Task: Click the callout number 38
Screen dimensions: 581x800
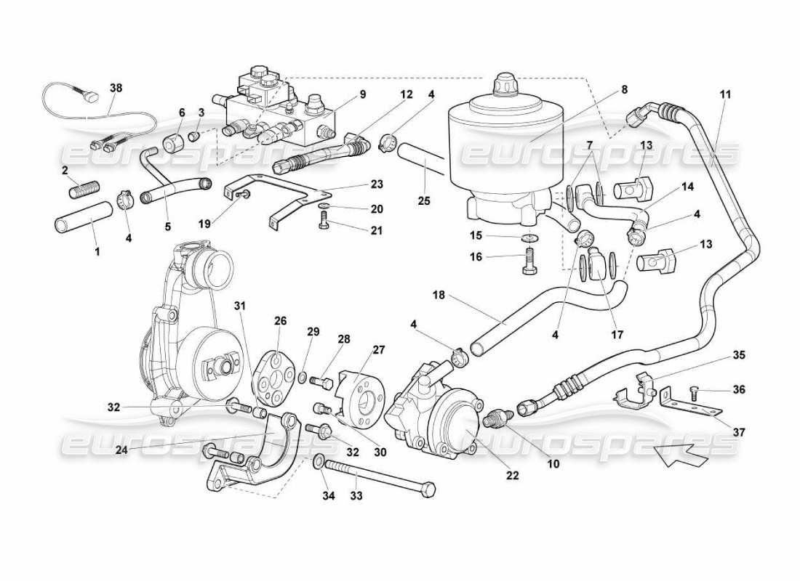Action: click(x=116, y=88)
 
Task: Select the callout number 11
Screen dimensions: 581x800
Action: click(x=725, y=94)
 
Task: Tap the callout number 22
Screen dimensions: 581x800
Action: click(x=512, y=476)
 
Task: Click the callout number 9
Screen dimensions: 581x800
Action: click(x=361, y=94)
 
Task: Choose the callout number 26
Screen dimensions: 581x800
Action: click(x=281, y=320)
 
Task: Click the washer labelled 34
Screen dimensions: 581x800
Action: click(x=319, y=462)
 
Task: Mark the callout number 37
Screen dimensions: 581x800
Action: click(x=739, y=432)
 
